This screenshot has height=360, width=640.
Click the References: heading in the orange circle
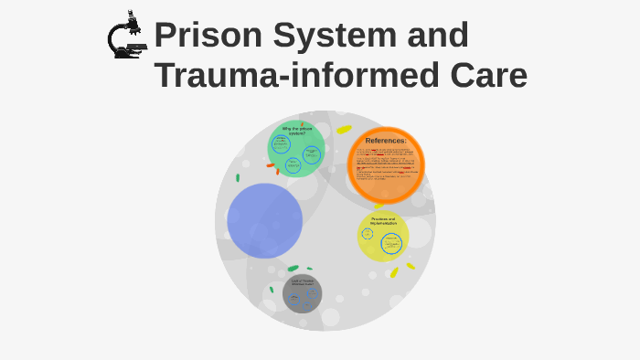tap(386, 141)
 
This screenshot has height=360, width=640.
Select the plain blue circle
tap(265, 220)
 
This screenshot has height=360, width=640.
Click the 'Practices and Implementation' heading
tap(383, 221)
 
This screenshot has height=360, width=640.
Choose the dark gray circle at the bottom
tap(302, 293)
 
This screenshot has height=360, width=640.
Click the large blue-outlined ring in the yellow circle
tap(391, 244)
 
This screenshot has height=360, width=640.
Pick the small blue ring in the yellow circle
tap(368, 234)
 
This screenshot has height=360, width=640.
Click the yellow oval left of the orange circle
tap(344, 130)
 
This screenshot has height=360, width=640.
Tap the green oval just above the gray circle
tap(293, 269)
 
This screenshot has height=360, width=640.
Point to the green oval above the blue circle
tap(238, 177)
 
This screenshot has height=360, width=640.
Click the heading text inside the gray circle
tap(302, 282)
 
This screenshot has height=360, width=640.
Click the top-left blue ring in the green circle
tap(282, 143)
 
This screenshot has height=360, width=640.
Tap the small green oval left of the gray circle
tap(272, 290)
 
